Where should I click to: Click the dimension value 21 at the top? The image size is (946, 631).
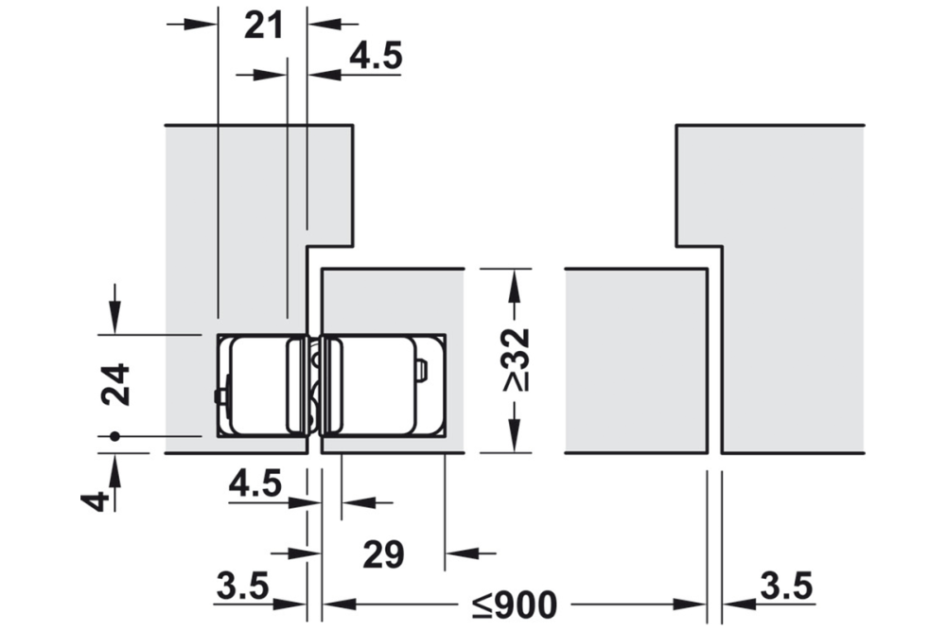(263, 26)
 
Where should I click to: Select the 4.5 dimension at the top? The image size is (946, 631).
(376, 57)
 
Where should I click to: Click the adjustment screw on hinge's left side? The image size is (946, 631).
(219, 394)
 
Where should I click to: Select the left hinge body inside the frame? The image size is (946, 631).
(257, 386)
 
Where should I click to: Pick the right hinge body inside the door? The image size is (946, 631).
(369, 385)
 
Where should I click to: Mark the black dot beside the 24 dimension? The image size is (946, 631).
(114, 436)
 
